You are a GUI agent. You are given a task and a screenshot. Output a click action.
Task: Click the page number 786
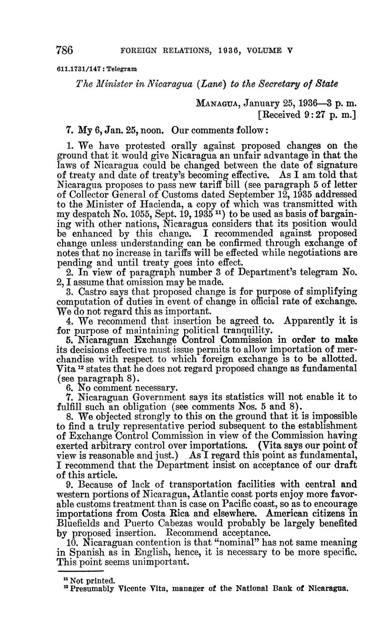click(x=65, y=50)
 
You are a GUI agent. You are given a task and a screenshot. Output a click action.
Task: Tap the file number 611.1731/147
click(x=80, y=69)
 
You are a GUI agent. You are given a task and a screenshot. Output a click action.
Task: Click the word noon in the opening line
click(x=153, y=130)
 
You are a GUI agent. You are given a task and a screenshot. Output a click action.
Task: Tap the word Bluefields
click(x=81, y=523)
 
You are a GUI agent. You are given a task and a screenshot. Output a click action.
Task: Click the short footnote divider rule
click(x=80, y=571)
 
